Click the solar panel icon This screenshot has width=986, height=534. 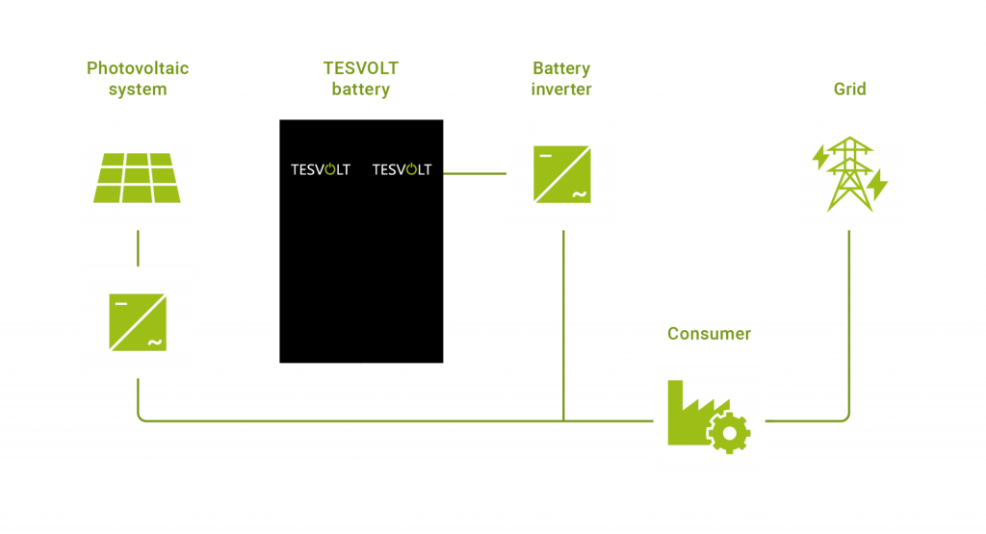point(137,177)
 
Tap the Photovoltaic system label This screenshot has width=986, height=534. point(138,79)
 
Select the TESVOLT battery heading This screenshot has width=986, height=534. point(360,79)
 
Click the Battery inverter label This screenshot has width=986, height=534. point(561,79)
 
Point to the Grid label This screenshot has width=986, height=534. point(849,89)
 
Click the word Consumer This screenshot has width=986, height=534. point(709,334)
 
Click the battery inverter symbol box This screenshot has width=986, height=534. point(562,174)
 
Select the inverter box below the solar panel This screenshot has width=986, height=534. point(138,321)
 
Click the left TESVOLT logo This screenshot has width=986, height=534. point(321,170)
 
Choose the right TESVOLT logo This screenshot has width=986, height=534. point(402,170)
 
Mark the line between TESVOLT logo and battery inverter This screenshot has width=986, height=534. point(474,173)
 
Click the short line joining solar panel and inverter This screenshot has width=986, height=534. point(138,247)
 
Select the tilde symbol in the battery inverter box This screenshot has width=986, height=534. point(580,196)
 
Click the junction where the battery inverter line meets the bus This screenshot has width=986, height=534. point(563,420)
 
